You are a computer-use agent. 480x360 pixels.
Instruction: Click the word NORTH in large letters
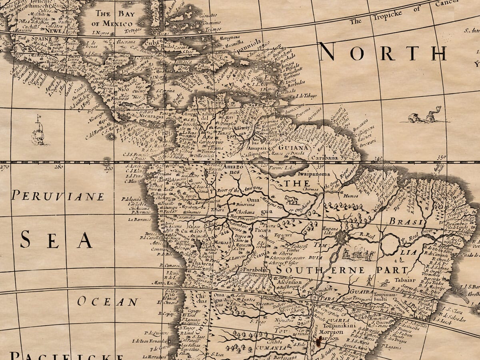coord(383,53)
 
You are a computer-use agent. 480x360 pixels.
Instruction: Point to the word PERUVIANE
coord(58,196)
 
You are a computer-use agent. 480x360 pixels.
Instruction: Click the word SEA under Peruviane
coord(56,240)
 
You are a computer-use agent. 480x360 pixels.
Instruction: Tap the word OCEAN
coord(108,302)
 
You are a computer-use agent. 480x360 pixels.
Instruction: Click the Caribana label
coord(322,158)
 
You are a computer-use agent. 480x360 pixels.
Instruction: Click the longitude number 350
coord(441,158)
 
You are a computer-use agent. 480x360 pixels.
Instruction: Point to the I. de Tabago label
coord(306,96)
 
